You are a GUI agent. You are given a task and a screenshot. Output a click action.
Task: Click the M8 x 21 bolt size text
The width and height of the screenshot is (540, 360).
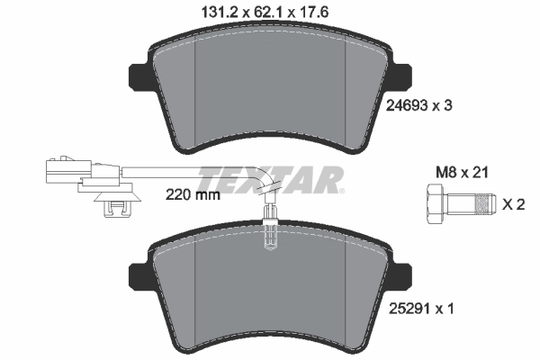click(462, 172)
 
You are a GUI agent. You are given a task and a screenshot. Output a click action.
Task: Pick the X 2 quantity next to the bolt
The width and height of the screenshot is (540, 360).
click(512, 204)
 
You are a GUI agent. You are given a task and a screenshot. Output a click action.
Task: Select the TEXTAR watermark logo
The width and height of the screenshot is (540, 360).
click(270, 178)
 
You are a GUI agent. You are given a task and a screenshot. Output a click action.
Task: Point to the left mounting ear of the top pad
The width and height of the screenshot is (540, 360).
click(142, 76)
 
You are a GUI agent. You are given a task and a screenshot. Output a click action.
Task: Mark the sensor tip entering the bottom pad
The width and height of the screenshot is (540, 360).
click(270, 237)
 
